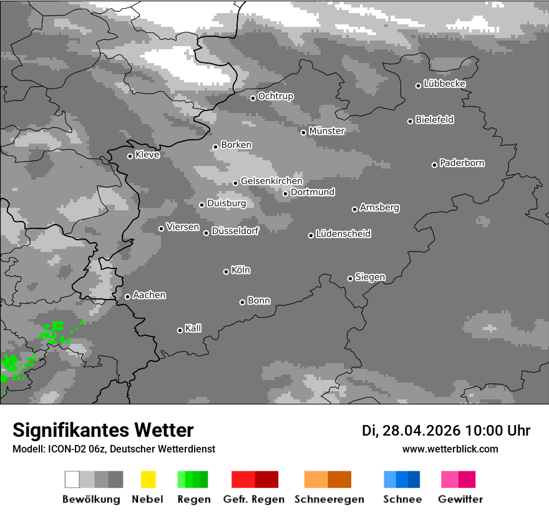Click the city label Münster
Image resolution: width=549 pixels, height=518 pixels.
(x=327, y=131)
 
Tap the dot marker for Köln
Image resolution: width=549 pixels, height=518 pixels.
(x=226, y=271)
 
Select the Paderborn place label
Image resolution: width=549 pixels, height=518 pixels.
(x=462, y=164)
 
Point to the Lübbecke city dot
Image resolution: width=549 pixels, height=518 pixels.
(x=419, y=86)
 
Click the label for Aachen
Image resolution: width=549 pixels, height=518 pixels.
(x=149, y=295)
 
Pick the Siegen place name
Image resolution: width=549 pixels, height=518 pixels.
(x=370, y=277)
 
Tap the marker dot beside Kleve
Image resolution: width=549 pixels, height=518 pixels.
(x=130, y=156)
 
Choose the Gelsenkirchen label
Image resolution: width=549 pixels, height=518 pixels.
(x=271, y=182)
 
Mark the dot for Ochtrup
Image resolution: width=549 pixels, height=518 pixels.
(x=253, y=98)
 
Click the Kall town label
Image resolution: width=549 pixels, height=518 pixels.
(x=193, y=328)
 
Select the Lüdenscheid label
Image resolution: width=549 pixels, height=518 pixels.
(x=343, y=234)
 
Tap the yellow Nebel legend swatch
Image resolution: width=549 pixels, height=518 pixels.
(x=148, y=479)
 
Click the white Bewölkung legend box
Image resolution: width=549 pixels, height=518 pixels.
(x=72, y=479)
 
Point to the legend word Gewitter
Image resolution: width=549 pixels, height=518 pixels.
(x=460, y=499)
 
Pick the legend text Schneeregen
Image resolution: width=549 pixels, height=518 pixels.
(x=329, y=499)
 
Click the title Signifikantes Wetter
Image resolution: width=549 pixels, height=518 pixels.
(x=103, y=430)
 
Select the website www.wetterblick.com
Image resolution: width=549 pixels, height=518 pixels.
(x=450, y=449)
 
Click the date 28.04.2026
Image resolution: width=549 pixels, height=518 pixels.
(x=420, y=431)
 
